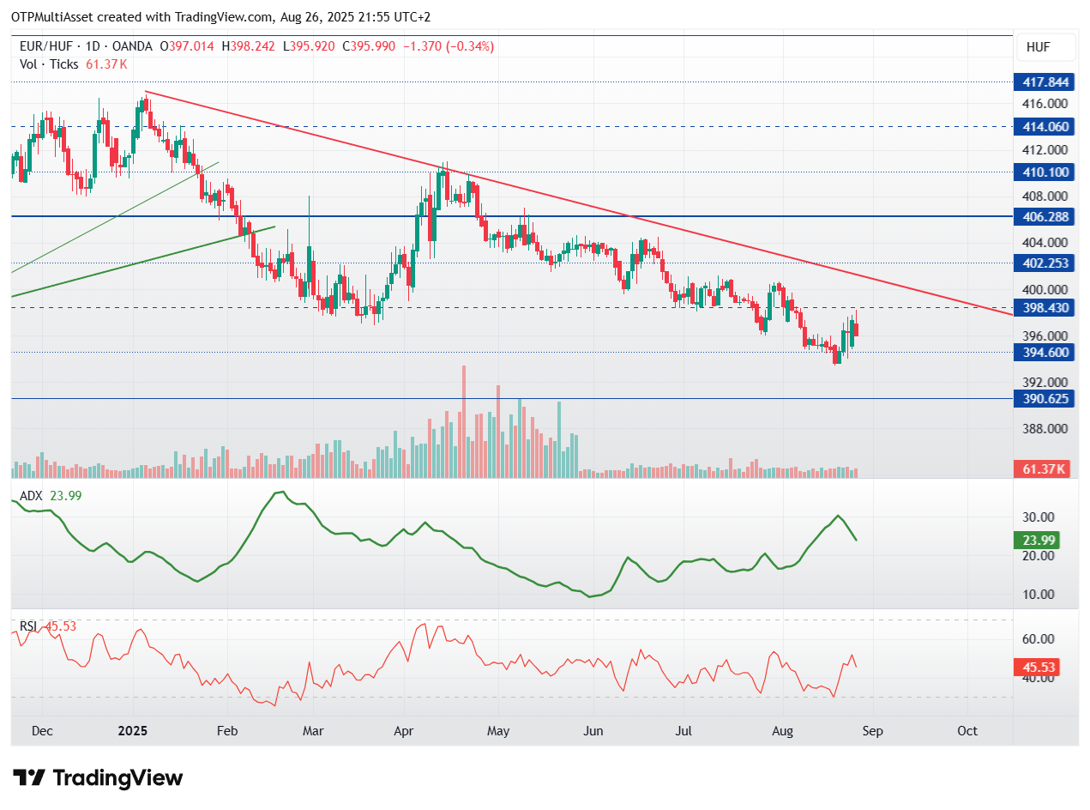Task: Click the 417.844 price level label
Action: [1044, 82]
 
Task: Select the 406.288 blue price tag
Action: [1044, 216]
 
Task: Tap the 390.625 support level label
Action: [1044, 398]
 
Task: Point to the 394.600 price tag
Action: [1044, 352]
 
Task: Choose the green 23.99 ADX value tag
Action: [1037, 540]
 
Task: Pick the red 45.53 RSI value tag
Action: [1037, 667]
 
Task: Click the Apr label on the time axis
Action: [403, 731]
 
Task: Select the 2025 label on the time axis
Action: [133, 731]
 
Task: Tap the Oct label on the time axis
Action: [967, 731]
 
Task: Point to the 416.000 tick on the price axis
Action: [1045, 104]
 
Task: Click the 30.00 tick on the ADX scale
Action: [1038, 517]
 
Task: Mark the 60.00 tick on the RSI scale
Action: [1038, 639]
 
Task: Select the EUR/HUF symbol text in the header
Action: [45, 46]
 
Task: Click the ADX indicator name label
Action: [31, 495]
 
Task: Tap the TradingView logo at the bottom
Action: [97, 777]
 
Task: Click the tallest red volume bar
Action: [463, 421]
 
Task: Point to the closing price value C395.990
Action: [369, 46]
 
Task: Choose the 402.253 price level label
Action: [1044, 263]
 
